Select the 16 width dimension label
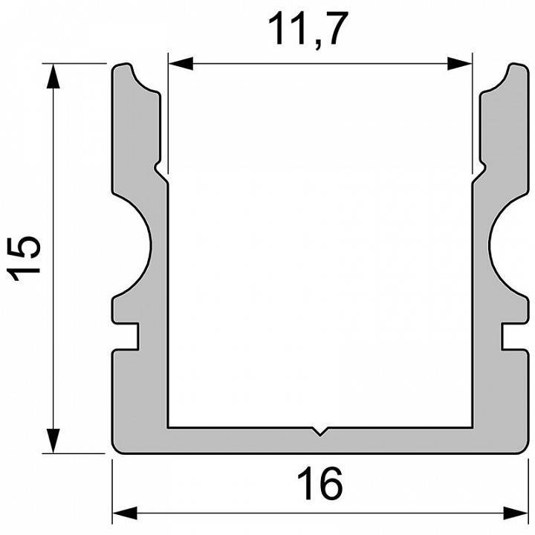[321, 484]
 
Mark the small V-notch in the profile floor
[320, 431]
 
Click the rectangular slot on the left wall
[128, 336]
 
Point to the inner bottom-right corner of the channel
[471, 427]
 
